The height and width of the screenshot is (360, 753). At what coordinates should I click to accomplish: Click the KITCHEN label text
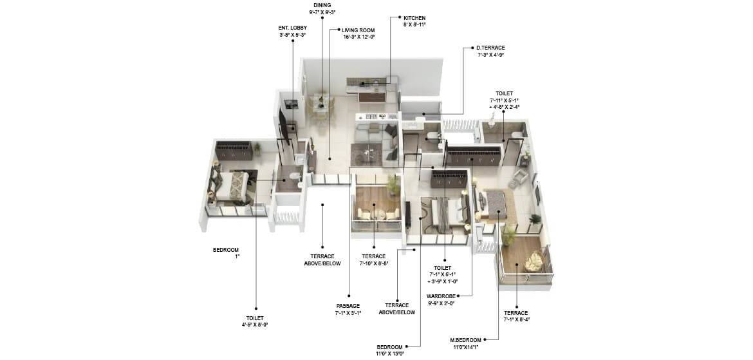pyautogui.click(x=414, y=18)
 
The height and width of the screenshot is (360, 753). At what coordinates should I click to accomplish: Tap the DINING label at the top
pyautogui.click(x=322, y=5)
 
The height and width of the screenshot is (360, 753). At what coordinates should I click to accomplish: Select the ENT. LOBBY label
pyautogui.click(x=292, y=28)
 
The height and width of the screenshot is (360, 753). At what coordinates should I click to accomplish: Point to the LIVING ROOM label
pyautogui.click(x=358, y=30)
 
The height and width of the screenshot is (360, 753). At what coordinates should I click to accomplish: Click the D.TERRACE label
pyautogui.click(x=490, y=48)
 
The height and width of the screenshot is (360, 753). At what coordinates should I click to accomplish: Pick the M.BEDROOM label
pyautogui.click(x=467, y=340)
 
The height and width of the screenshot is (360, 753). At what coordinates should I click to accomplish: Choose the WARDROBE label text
pyautogui.click(x=441, y=296)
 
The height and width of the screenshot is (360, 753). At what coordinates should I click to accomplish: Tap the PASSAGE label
pyautogui.click(x=348, y=306)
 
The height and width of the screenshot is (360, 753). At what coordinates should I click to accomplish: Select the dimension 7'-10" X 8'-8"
pyautogui.click(x=373, y=263)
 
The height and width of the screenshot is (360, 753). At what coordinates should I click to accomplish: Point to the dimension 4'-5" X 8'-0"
pyautogui.click(x=254, y=325)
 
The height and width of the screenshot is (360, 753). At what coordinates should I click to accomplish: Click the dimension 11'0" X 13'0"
pyautogui.click(x=389, y=353)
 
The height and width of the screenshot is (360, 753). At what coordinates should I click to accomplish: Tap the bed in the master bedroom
pyautogui.click(x=495, y=205)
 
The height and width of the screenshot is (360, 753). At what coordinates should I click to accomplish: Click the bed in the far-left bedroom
pyautogui.click(x=238, y=185)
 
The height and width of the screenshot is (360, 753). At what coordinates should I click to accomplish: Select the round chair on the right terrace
pyautogui.click(x=534, y=261)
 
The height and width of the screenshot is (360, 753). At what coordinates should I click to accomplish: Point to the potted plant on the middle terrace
pyautogui.click(x=391, y=185)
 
